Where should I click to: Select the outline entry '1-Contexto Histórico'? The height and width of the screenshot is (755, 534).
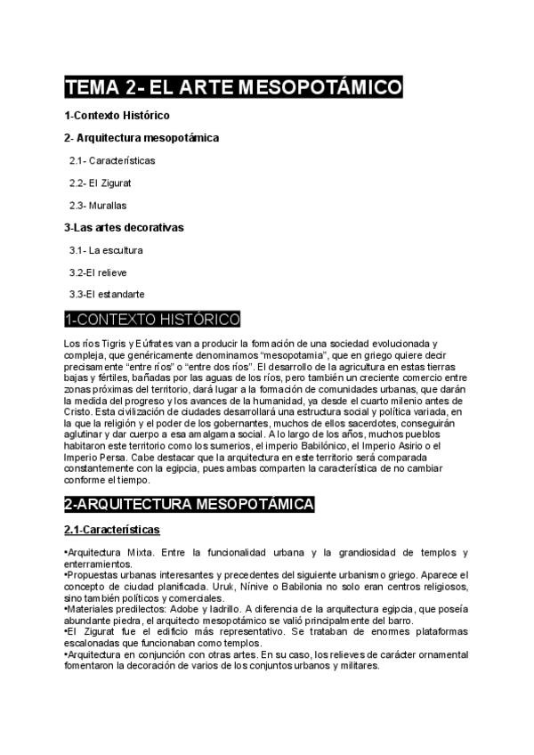117,116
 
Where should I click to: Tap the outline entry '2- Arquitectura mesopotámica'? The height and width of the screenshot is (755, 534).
142,138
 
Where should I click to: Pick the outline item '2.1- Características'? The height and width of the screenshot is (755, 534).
112,161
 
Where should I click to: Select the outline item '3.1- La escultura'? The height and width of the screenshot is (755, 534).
106,250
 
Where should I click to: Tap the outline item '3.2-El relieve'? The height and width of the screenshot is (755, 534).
100,272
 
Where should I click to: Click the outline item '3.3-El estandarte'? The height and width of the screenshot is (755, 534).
107,294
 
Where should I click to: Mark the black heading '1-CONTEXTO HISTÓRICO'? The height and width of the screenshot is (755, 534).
152,319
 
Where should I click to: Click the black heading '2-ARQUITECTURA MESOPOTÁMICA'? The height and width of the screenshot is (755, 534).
189,505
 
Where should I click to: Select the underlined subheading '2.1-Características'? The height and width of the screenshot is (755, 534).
111,531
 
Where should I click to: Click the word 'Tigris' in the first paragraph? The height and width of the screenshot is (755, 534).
109,343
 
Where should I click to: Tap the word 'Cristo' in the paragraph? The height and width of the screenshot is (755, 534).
78,411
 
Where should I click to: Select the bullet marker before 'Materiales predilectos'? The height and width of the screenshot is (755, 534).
66,610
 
